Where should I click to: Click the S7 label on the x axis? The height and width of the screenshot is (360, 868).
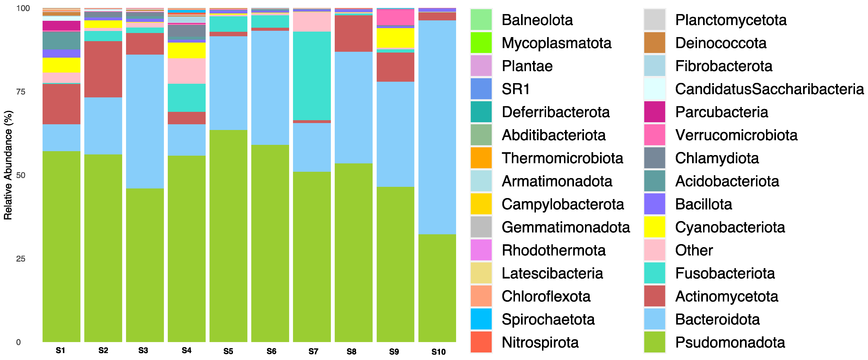[313, 352]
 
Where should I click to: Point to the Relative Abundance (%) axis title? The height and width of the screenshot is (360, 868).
[8, 165]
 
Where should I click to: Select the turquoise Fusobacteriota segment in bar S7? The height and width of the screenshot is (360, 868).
[312, 76]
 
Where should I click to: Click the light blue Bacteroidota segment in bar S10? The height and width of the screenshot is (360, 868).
[437, 127]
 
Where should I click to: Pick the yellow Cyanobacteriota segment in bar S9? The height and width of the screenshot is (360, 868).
[395, 38]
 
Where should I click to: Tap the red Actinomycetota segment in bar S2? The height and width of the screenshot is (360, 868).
[103, 69]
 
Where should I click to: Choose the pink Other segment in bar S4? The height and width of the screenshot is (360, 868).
[187, 71]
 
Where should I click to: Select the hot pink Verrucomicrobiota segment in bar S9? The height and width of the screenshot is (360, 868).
[395, 18]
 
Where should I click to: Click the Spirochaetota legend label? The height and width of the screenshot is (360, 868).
[548, 319]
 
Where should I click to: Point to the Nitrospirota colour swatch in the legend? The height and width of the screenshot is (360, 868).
[481, 342]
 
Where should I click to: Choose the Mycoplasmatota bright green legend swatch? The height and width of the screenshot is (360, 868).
[481, 43]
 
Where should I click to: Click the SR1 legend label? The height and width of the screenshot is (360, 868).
[516, 89]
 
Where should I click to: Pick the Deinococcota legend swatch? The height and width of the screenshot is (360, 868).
[654, 43]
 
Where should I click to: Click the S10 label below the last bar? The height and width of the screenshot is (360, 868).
[438, 352]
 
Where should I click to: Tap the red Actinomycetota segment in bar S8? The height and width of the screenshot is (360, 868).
[353, 33]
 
